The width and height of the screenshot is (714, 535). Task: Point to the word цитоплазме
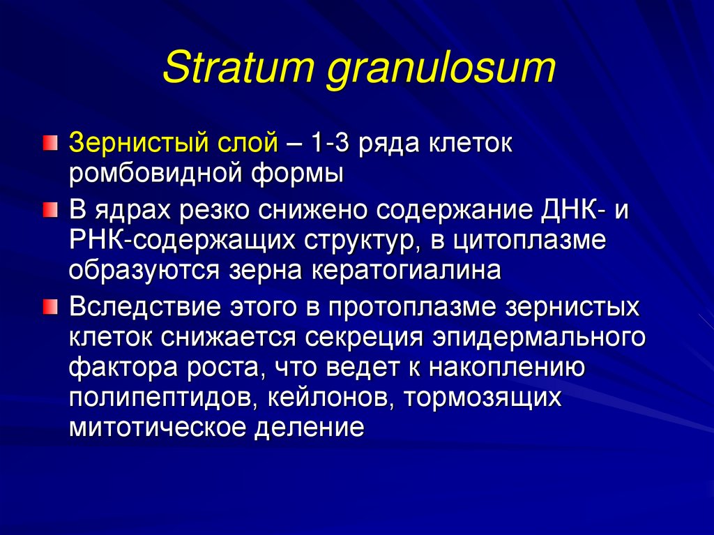point(529,241)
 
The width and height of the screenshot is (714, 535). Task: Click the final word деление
point(309,425)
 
